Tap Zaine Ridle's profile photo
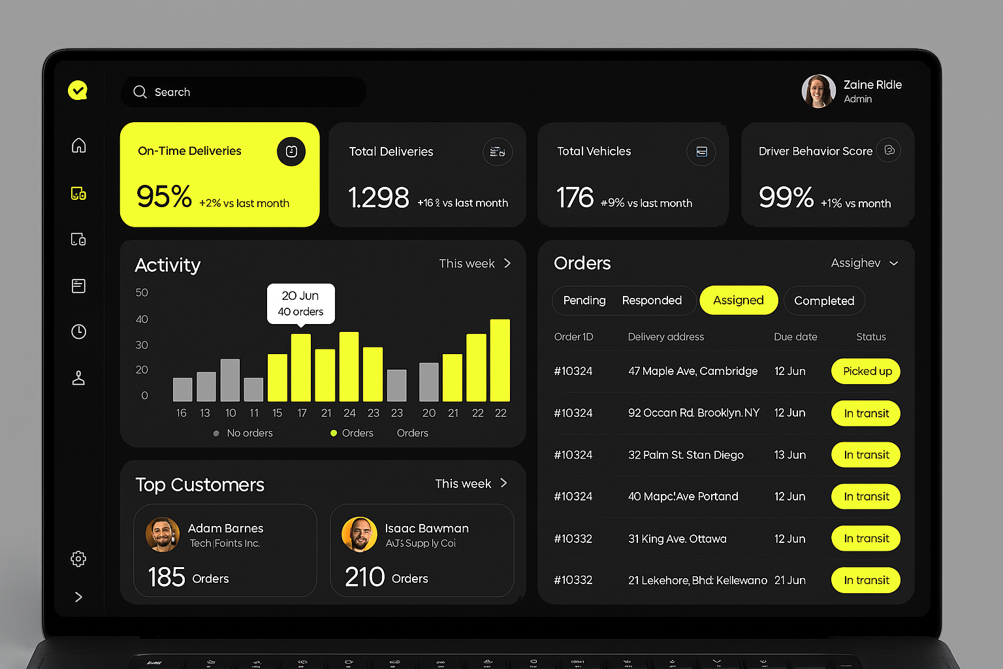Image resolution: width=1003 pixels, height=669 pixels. point(818,91)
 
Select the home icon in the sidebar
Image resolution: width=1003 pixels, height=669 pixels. point(78,145)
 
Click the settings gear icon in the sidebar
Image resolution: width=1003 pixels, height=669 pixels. point(78,559)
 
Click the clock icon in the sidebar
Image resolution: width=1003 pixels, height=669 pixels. point(78,332)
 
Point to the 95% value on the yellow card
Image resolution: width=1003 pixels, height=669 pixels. point(164,197)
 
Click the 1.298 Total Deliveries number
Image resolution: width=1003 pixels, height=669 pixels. point(379,198)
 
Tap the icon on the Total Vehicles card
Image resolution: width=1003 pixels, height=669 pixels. point(701,152)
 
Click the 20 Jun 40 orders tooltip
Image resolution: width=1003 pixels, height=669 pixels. point(300,304)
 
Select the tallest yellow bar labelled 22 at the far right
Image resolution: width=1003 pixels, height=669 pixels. point(500,360)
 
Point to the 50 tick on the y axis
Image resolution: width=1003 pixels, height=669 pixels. point(142,293)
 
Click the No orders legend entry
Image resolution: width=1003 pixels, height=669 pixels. point(248,433)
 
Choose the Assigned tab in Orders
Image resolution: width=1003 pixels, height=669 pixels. point(738,301)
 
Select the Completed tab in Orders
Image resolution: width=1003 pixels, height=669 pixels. point(823,301)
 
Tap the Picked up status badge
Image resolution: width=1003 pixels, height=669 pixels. point(866,371)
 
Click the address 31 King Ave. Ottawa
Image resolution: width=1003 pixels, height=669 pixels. point(677,539)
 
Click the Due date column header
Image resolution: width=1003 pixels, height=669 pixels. point(795,337)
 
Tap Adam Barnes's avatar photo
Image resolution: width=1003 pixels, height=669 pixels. point(163,534)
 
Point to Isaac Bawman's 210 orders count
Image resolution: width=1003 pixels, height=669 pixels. point(365,578)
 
